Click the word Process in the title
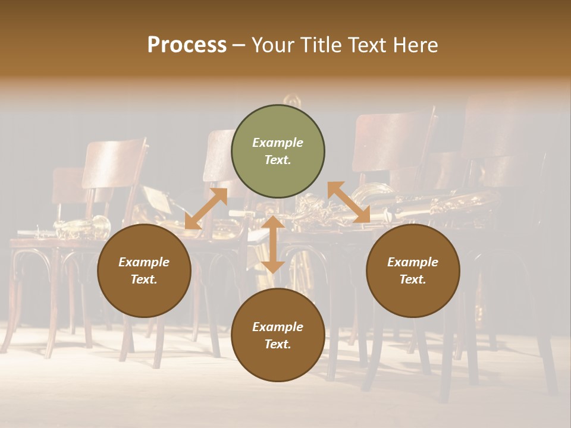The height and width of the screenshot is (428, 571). click(187, 45)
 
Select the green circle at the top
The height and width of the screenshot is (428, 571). click(278, 152)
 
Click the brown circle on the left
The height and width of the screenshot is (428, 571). click(144, 271)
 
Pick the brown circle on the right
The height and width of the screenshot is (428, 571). click(413, 271)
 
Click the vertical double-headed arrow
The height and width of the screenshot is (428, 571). click(273, 244)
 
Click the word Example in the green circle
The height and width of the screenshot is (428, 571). click(278, 143)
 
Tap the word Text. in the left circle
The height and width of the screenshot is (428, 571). click(144, 279)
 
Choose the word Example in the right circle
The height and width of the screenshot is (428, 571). click(413, 262)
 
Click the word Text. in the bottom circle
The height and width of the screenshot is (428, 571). click(278, 344)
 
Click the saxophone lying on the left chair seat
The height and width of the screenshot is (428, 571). click(83, 227)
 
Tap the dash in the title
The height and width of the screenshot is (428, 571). click(239, 45)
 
